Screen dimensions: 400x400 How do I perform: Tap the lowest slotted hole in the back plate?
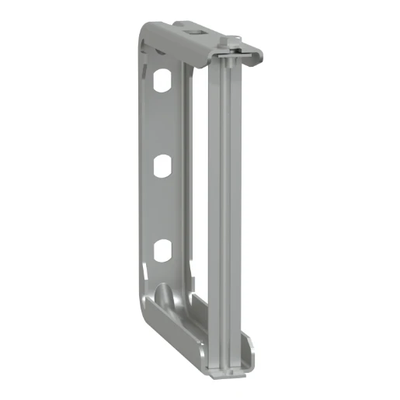pos(162,249)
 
